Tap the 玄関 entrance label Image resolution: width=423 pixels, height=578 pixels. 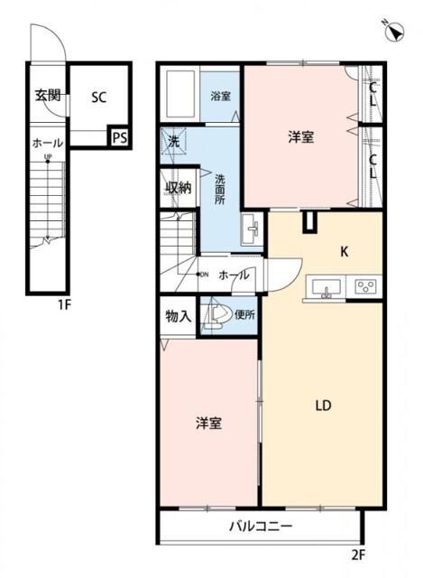(48, 95)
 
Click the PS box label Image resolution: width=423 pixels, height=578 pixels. (118, 137)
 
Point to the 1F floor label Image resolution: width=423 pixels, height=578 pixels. (64, 304)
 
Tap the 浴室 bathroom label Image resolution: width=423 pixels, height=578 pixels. (219, 96)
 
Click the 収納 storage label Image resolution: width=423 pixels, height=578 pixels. (177, 188)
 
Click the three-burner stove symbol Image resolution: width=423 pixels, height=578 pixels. (366, 287)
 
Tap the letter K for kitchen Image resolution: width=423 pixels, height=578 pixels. (344, 253)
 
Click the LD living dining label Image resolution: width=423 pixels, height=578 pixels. (322, 406)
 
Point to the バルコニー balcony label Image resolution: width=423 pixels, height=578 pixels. (260, 525)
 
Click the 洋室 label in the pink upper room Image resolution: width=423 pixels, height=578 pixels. (300, 137)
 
